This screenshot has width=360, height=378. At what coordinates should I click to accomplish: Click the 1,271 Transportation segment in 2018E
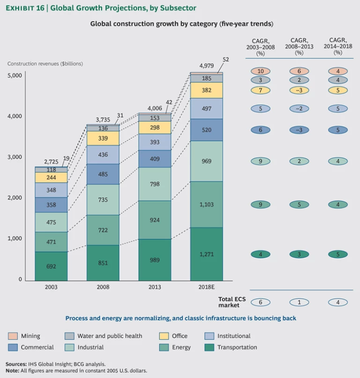[x=206, y=253]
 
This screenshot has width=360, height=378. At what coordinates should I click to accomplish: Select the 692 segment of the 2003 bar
[x=51, y=266]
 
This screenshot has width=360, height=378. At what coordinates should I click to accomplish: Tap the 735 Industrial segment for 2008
[x=103, y=200]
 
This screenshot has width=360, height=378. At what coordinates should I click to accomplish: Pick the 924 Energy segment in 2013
[x=155, y=220]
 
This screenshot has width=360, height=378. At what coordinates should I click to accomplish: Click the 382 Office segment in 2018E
[x=206, y=90]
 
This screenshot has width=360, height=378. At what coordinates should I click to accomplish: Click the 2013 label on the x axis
[x=155, y=287]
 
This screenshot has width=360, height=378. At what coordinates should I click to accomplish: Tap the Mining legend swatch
[x=13, y=336]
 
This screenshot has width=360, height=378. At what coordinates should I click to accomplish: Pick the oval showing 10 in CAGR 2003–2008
[x=261, y=71]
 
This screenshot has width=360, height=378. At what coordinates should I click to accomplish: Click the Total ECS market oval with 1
[x=299, y=302]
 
